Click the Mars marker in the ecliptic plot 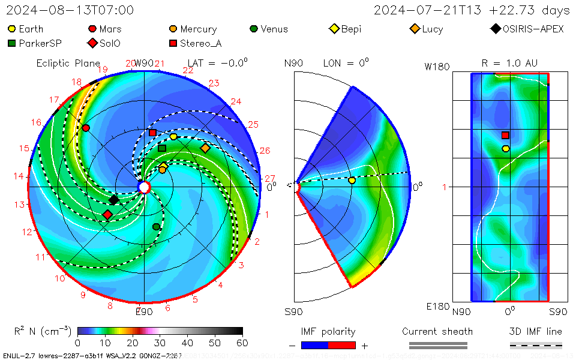[86, 128]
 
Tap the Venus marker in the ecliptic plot [156, 226]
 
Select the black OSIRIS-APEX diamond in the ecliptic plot [114, 200]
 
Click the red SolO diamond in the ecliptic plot [107, 214]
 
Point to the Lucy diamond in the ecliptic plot [205, 148]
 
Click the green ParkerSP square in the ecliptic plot [162, 148]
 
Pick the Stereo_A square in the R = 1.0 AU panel [505, 136]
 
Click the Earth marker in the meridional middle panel [352, 180]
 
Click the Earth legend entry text [31, 29]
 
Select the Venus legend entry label [274, 29]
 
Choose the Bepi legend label [351, 29]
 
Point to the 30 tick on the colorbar [160, 343]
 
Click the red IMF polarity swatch [342, 345]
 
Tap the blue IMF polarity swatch [314, 345]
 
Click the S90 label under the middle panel [293, 311]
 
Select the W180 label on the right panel [437, 67]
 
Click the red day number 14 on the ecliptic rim [19, 176]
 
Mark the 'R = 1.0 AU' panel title [509, 63]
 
